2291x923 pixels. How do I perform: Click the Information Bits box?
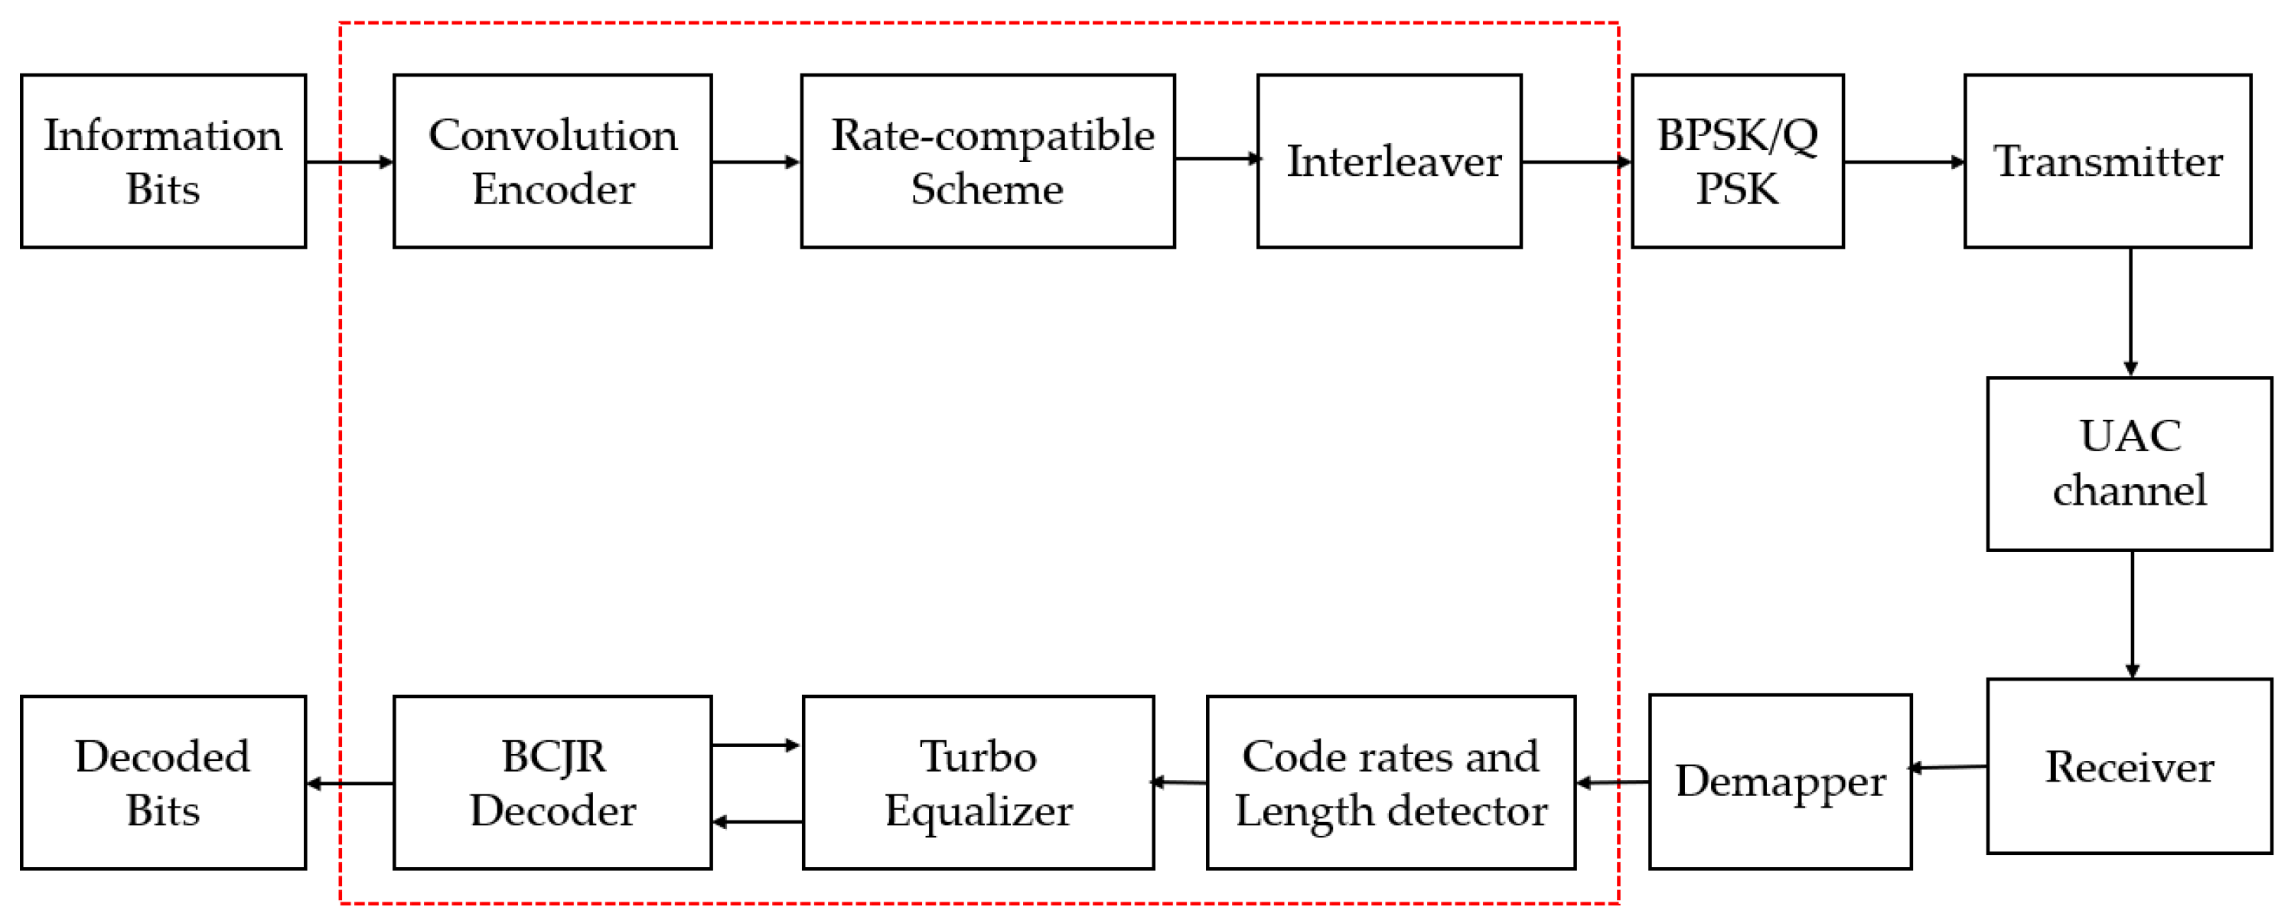pyautogui.click(x=163, y=161)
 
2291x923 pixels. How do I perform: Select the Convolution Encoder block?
pyautogui.click(x=552, y=161)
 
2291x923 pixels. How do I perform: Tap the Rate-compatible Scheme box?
pyautogui.click(x=987, y=161)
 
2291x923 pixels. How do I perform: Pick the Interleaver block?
pyautogui.click(x=1388, y=161)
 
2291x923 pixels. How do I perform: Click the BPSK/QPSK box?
pyautogui.click(x=1737, y=161)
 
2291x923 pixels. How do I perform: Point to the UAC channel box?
pyautogui.click(x=2129, y=463)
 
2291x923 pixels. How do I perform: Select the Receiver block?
pyautogui.click(x=2129, y=765)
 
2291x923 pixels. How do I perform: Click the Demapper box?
pyautogui.click(x=1780, y=781)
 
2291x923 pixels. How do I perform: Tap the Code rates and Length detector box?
pyautogui.click(x=1390, y=782)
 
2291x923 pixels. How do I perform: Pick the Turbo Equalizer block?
pyautogui.click(x=977, y=782)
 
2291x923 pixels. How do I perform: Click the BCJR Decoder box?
pyautogui.click(x=552, y=782)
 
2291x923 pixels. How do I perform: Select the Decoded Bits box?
pyautogui.click(x=163, y=782)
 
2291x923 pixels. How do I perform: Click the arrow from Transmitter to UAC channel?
pyautogui.click(x=2130, y=311)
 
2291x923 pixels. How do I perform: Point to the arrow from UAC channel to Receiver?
pyautogui.click(x=2132, y=613)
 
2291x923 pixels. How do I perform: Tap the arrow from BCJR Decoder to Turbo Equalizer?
pyautogui.click(x=756, y=745)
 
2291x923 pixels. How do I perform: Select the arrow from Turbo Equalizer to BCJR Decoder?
pyautogui.click(x=758, y=821)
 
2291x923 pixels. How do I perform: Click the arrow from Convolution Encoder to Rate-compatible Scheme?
pyautogui.click(x=756, y=162)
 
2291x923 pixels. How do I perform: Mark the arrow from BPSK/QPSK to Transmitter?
pyautogui.click(x=1903, y=162)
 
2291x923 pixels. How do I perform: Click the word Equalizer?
pyautogui.click(x=978, y=810)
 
